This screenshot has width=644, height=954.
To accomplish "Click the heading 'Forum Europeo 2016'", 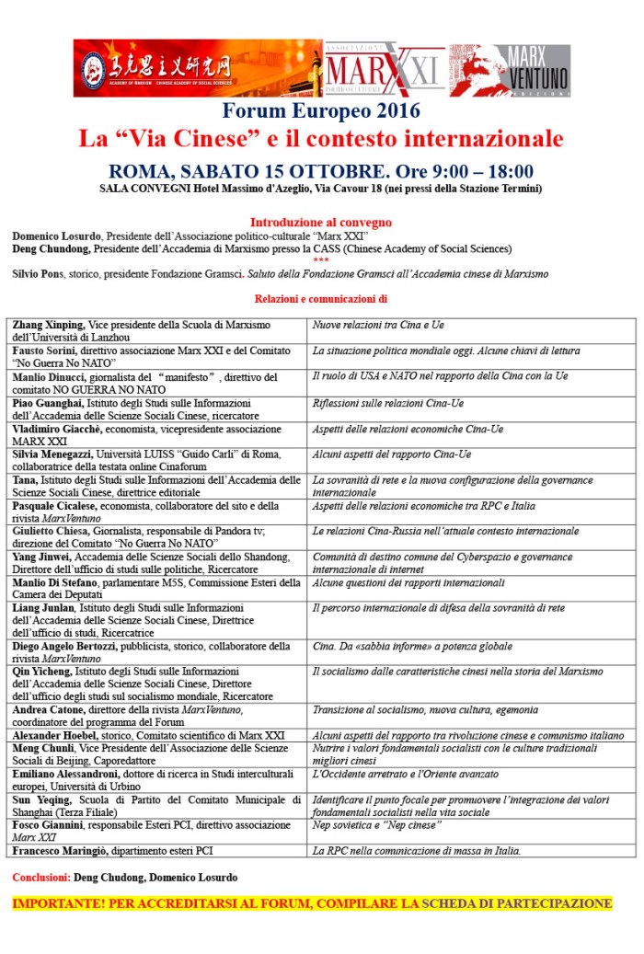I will pos(321,112).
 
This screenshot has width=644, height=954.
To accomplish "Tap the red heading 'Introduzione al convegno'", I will pos(320,223).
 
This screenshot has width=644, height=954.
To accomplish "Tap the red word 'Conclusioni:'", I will pos(41,878).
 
